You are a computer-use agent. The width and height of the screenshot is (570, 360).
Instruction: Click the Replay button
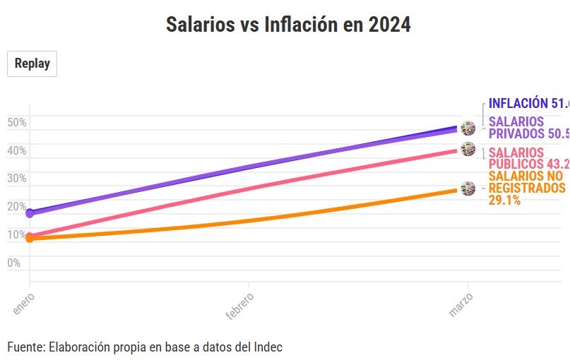coord(32,64)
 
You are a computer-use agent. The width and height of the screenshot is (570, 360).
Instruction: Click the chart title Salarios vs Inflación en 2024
coord(288,25)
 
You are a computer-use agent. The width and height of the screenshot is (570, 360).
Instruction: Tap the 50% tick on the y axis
coord(17,122)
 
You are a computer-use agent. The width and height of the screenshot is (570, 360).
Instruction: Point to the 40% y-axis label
coord(17,150)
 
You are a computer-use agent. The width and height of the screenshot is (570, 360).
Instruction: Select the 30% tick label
coord(17,179)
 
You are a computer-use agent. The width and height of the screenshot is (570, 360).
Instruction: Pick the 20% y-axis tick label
coord(17,207)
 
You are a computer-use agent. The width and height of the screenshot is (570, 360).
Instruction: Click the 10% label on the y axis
coord(17,235)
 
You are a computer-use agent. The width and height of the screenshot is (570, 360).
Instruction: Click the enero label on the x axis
coord(23,301)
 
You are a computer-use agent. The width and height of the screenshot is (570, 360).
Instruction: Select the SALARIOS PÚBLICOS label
coord(526,159)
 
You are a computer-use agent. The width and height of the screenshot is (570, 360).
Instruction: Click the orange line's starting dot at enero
coord(30,239)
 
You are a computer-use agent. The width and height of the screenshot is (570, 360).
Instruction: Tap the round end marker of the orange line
coord(468,188)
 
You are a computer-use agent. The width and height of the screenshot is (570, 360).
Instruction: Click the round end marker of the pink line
coord(468,149)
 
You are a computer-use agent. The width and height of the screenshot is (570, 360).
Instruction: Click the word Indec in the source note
coord(269,347)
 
